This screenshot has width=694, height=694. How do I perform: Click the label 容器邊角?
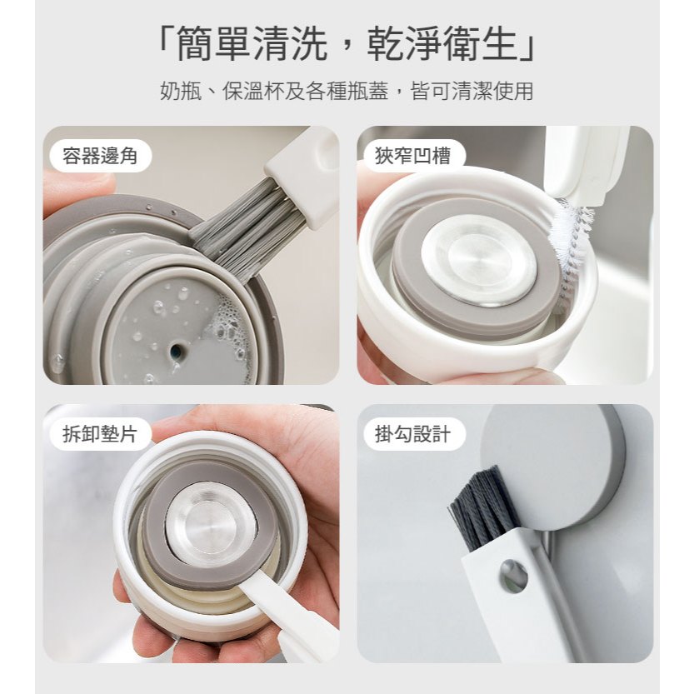click(x=100, y=155)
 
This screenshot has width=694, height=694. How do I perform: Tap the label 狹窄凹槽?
click(x=412, y=155)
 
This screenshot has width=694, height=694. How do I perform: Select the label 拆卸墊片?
click(x=100, y=434)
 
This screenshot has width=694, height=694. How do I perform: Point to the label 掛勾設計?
click(x=412, y=434)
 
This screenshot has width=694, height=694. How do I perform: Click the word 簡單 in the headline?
click(x=214, y=44)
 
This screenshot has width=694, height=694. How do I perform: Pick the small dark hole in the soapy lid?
click(x=177, y=352)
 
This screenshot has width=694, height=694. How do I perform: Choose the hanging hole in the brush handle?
click(x=513, y=574)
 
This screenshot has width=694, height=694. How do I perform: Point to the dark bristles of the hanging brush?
click(x=485, y=509)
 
